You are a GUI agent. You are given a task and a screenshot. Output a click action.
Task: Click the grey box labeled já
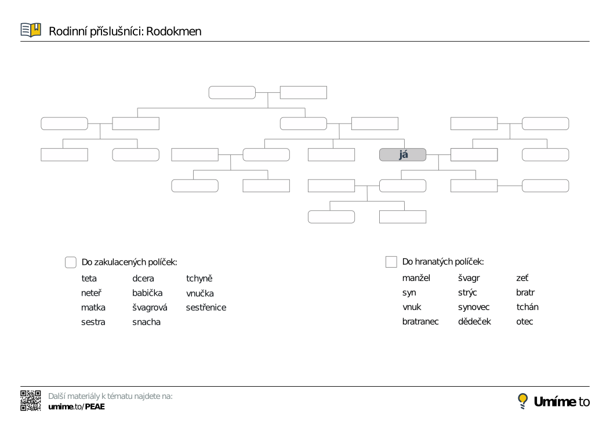402,154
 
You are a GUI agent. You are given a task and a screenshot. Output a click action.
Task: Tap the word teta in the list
89,279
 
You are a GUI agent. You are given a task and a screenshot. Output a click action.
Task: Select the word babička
147,293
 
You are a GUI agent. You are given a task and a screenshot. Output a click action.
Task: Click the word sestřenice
206,308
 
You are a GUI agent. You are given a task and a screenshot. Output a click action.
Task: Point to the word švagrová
150,308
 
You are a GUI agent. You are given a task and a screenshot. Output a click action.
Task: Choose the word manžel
416,278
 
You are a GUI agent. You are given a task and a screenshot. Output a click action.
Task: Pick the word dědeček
474,322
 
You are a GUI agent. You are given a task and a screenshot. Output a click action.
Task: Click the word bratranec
420,322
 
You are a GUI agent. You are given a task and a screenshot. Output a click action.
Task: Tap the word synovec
474,307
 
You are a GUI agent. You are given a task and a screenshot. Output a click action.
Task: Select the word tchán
527,307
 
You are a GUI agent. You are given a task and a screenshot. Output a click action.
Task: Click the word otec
524,322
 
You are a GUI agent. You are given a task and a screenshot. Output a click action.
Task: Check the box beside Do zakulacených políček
70,262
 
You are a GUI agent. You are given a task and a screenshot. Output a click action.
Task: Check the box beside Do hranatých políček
391,262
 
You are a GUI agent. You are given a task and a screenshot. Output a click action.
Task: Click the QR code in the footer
31,401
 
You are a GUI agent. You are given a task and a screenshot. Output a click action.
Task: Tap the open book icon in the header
31,30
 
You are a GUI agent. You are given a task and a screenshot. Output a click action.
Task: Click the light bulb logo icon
522,401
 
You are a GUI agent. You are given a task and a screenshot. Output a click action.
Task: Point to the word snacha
146,322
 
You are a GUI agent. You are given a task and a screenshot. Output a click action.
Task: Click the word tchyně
199,279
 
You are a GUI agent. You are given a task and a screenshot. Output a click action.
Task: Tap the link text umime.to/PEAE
77,406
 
